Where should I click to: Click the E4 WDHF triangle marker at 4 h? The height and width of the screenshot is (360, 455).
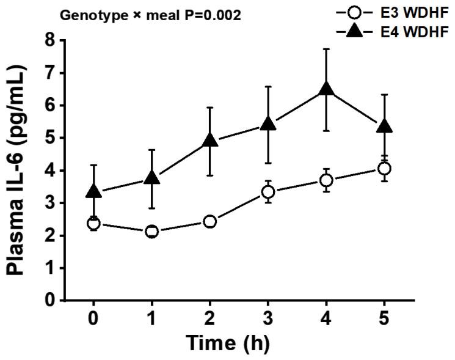[326, 89]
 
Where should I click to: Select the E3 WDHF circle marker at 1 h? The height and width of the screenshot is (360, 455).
[151, 232]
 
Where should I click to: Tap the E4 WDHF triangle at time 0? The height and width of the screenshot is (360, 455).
[93, 191]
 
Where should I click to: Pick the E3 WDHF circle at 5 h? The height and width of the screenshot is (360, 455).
[384, 168]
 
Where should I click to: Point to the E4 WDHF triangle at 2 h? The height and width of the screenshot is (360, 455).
[209, 141]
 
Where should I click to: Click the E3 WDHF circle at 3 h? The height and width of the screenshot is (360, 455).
[268, 192]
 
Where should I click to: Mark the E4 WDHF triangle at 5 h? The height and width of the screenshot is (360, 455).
[384, 127]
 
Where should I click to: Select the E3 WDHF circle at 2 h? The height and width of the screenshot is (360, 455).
[209, 221]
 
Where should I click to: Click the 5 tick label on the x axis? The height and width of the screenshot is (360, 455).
[384, 320]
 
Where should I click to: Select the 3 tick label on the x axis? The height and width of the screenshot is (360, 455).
[268, 320]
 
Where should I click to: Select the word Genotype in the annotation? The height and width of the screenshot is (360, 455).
[84, 14]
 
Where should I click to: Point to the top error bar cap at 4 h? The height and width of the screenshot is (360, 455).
[326, 49]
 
